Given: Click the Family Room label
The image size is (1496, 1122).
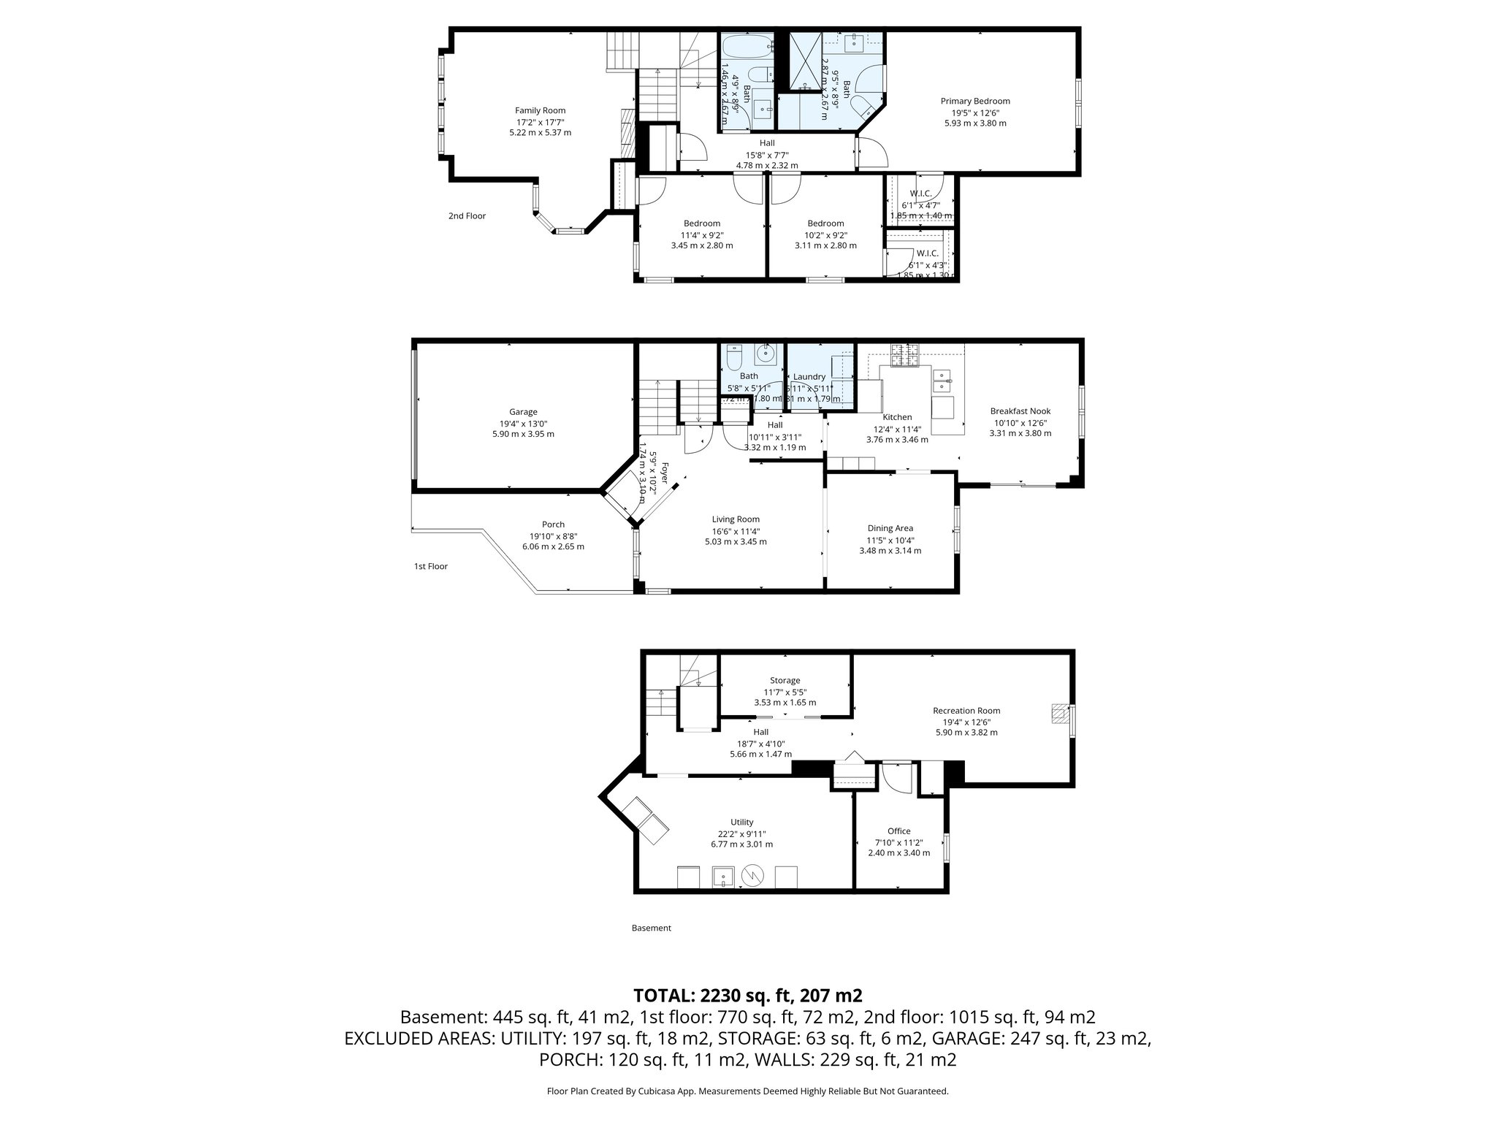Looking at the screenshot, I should pos(540,111).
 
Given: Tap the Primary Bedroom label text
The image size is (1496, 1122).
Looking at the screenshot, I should pos(974,102).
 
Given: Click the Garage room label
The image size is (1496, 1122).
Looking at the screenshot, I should pos(523,412).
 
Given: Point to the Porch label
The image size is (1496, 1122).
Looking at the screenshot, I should pos(553,524).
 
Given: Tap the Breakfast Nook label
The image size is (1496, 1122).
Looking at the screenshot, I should pos(1020,411).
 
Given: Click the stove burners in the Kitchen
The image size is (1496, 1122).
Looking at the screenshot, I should pos(904,356).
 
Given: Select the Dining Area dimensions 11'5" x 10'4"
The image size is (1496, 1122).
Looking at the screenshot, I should pos(890,540).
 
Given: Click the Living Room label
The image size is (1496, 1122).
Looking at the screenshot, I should pos(736,519).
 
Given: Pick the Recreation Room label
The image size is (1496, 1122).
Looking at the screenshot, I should pos(966,711).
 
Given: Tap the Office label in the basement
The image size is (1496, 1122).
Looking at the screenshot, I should pos(898,831).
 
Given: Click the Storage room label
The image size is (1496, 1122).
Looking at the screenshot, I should pos(785,681).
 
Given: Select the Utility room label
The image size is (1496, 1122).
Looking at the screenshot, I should pos(741,823).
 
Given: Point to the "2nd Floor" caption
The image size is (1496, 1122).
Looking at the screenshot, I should pos(467,216).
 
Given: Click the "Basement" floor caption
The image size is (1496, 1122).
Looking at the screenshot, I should pos(651,928).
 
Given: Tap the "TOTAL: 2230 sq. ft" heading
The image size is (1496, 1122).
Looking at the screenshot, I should pos(747,995).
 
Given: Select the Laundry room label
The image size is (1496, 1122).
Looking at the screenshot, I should pos(809,377).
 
